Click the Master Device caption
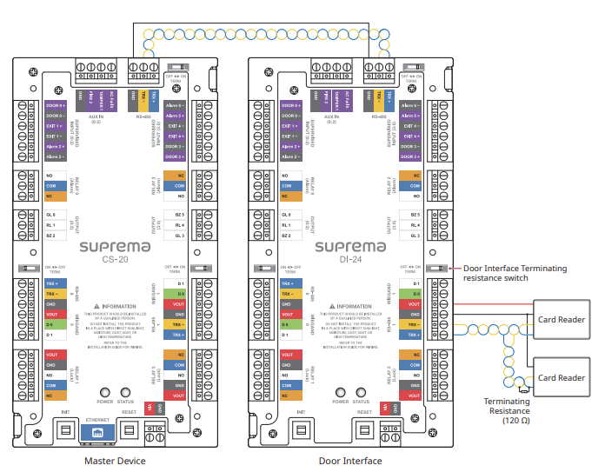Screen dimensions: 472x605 pyautogui.click(x=115, y=461)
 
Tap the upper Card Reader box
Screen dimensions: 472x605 pyautogui.click(x=561, y=319)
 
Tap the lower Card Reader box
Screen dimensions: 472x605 pyautogui.click(x=561, y=377)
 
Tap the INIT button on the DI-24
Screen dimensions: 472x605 pyautogui.click(x=301, y=429)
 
